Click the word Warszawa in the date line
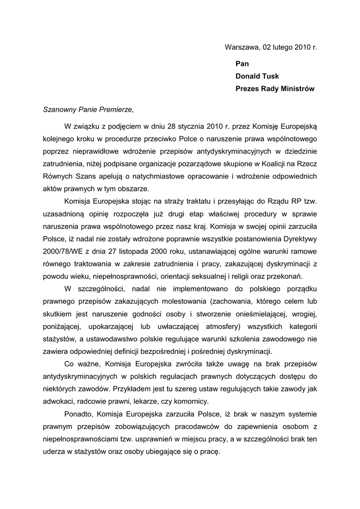tap(241, 48)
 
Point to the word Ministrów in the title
tap(297, 89)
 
